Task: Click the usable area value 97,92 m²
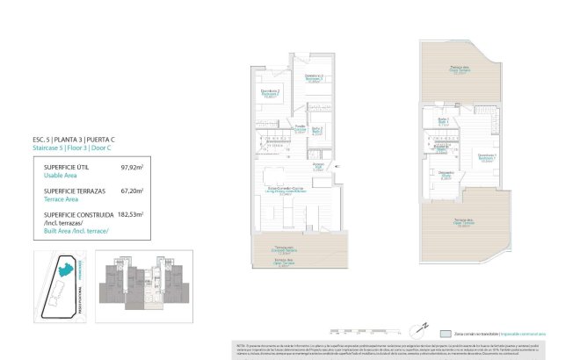click(x=131, y=166)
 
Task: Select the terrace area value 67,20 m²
click(x=131, y=190)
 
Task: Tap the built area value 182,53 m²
click(x=129, y=214)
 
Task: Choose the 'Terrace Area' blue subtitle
click(x=54, y=199)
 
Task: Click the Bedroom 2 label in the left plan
click(x=271, y=91)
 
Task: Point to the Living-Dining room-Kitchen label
click(x=286, y=191)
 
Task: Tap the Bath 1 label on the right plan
click(x=445, y=120)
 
